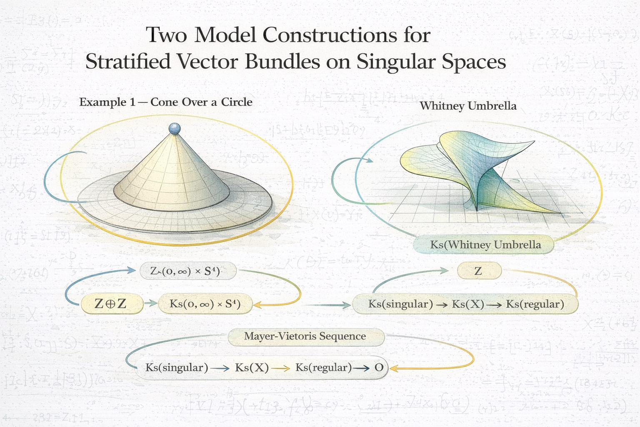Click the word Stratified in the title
tap(128, 62)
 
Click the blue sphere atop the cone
tap(174, 128)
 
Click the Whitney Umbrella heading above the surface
tap(468, 106)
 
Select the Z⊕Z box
tap(110, 304)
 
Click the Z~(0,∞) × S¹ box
tap(187, 271)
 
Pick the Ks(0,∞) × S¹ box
tap(205, 304)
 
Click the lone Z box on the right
tap(478, 271)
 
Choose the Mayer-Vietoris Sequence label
tap(305, 337)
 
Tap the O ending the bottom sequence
tap(378, 368)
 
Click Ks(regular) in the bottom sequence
tap(323, 368)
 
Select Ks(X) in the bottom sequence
tap(252, 368)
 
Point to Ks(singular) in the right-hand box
tap(400, 304)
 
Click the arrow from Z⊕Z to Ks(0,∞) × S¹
tap(150, 304)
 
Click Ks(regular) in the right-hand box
tap(535, 304)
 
